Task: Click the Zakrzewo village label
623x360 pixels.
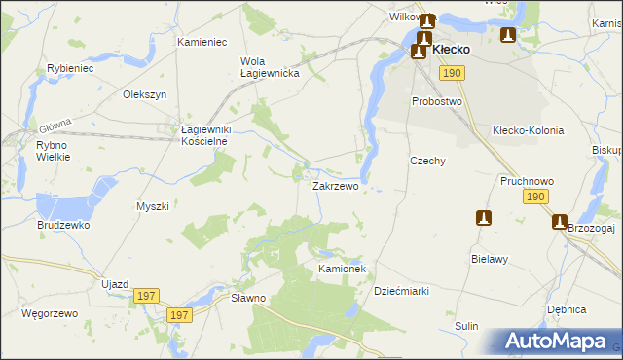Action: click(x=335, y=185)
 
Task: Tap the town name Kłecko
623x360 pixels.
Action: click(x=451, y=49)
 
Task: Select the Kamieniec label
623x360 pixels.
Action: click(x=202, y=43)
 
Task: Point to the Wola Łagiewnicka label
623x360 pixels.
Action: click(x=261, y=67)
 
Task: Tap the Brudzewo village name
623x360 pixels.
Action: click(x=64, y=225)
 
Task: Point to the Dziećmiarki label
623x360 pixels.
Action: click(x=402, y=291)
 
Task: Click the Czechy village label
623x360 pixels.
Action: click(x=427, y=162)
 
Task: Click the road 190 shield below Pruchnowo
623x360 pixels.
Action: click(x=533, y=198)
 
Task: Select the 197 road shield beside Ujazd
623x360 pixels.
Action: click(x=146, y=296)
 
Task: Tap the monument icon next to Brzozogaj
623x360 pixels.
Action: click(x=560, y=222)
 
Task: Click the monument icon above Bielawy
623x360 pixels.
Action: click(x=484, y=218)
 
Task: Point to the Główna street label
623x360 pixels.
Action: click(x=56, y=126)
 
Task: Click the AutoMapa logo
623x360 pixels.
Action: click(x=556, y=341)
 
